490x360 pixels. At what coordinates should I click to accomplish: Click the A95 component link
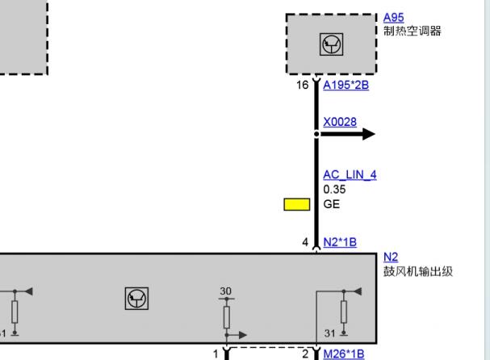(x=393, y=18)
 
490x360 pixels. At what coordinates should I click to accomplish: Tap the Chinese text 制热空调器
(x=413, y=31)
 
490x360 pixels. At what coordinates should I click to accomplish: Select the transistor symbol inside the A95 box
(x=331, y=44)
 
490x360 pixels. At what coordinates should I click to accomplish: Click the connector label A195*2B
(x=346, y=85)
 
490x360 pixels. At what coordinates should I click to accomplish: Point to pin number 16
(x=302, y=85)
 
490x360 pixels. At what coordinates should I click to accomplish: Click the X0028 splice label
(x=340, y=122)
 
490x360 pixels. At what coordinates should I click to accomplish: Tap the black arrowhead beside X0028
(x=369, y=134)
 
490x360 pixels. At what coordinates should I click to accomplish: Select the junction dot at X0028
(x=316, y=134)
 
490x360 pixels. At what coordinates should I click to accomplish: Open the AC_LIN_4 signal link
(x=350, y=174)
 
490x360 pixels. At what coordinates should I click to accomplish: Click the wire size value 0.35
(x=334, y=190)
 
